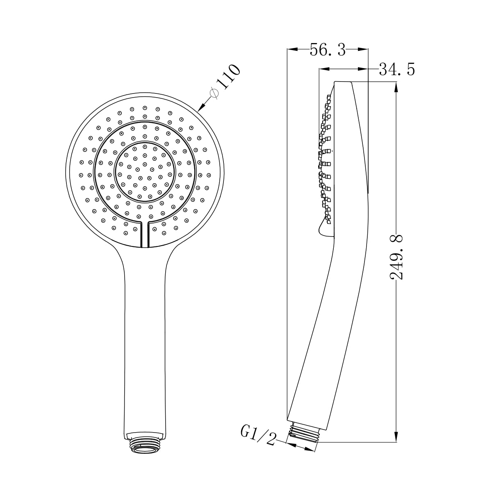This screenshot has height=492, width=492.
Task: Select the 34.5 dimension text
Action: [x=396, y=69]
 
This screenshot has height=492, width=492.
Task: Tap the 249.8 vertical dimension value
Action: [x=396, y=257]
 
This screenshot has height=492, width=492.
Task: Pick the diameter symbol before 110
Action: [x=214, y=93]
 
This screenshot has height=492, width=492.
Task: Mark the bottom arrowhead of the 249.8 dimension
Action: [x=396, y=437]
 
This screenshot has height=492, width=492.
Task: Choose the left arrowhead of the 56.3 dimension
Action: [x=292, y=50]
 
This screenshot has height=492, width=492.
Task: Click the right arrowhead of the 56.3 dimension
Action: [x=363, y=50]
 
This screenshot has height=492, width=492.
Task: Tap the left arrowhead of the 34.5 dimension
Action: [x=324, y=69]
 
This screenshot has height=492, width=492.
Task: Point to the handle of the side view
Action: [x=324, y=328]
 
